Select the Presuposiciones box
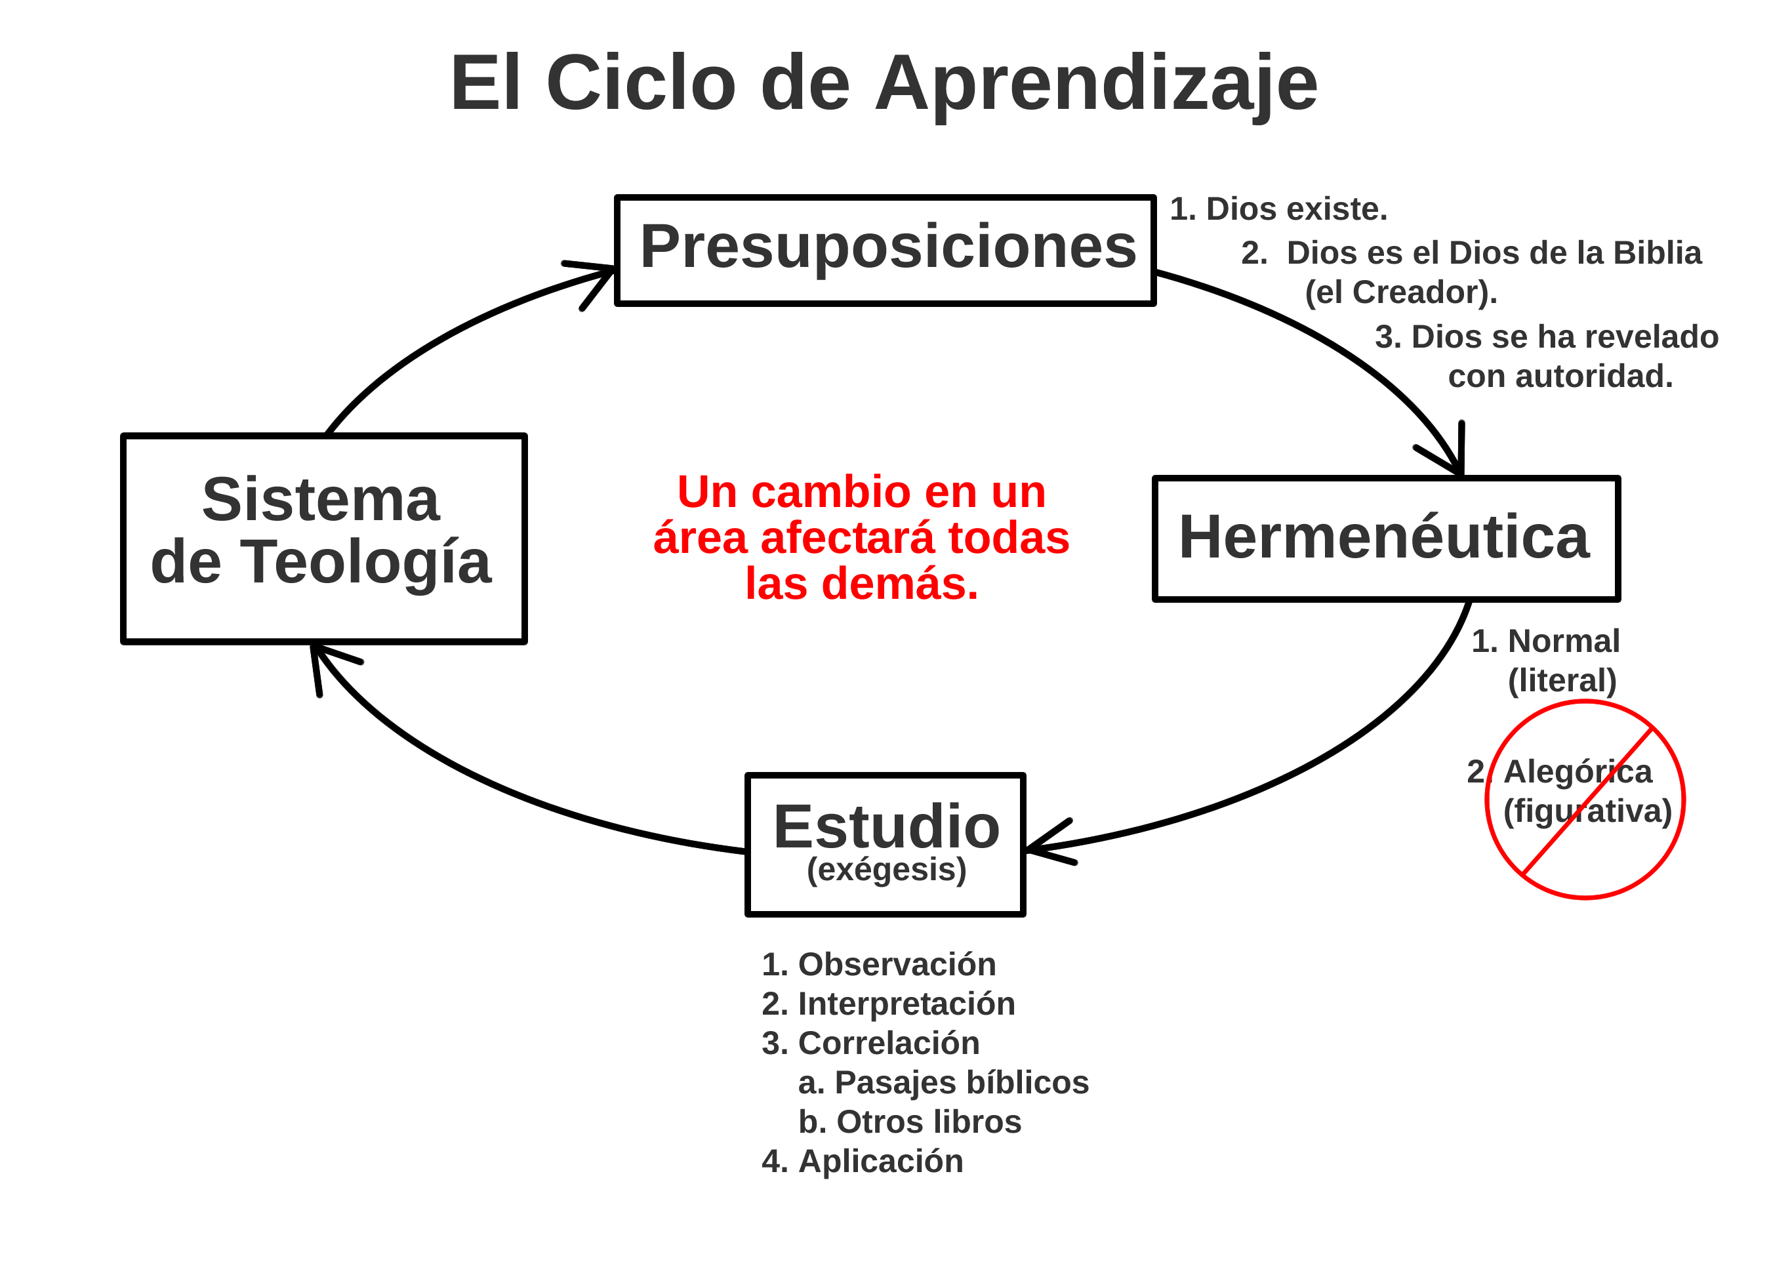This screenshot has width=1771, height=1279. coord(885,250)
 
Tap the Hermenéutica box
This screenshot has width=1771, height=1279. coord(1386,538)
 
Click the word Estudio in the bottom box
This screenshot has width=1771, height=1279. coord(886,828)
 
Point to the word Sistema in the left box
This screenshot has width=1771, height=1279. coord(321,500)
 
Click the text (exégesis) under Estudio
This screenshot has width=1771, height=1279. coord(886,870)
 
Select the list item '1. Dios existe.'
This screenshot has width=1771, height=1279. coord(1278,209)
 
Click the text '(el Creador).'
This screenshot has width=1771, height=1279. coord(1401,293)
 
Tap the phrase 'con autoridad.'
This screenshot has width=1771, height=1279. coord(1560,376)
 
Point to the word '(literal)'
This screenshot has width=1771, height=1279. coord(1562,681)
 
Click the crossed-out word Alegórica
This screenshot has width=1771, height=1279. coord(1578,772)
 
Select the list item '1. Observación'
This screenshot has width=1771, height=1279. coord(878,965)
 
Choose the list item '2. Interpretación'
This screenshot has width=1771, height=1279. coord(888,1004)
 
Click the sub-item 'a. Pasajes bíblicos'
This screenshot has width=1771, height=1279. coord(943,1083)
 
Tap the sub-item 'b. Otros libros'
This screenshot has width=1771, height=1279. coord(909,1122)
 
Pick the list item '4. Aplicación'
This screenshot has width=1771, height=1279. coord(862,1162)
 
